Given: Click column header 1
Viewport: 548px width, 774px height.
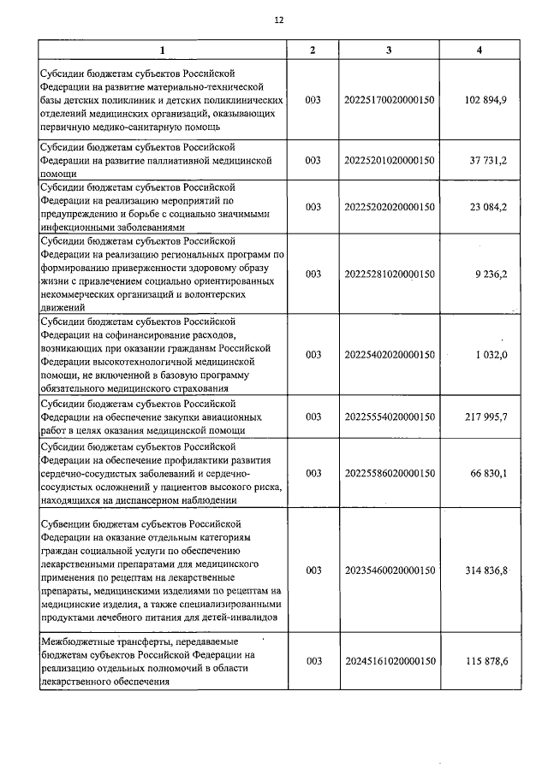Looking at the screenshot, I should (163, 50).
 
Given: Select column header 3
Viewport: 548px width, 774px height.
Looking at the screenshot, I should (389, 50).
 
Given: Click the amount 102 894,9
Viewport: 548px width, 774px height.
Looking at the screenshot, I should (485, 100).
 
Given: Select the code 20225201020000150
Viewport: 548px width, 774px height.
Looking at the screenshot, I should (390, 160).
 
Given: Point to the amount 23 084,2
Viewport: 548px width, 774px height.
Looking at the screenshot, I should (487, 207).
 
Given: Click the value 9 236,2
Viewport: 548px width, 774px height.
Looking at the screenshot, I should (491, 275).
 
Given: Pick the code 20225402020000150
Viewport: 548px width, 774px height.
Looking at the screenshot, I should (390, 354).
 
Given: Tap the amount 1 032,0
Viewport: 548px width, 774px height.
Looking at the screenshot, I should (491, 354).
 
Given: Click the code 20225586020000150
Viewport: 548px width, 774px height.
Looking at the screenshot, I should (390, 473).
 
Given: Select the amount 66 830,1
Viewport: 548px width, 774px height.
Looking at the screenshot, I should (487, 473).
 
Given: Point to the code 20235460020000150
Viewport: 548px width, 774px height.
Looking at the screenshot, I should (390, 570).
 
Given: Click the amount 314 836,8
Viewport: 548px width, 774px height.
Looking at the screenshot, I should (485, 570).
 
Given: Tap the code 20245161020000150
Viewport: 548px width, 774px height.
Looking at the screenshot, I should (390, 661).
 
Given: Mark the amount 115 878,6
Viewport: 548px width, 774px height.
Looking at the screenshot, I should (485, 661).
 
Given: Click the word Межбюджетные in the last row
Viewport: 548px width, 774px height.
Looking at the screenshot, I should (80, 641).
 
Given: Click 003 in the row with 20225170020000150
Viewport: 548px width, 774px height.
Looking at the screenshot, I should (313, 100).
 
